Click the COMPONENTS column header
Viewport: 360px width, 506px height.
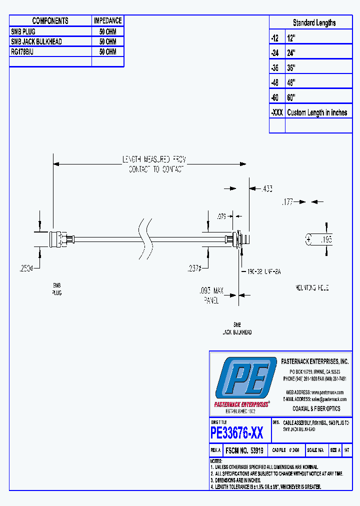click(50, 20)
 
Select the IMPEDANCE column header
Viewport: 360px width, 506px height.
click(107, 20)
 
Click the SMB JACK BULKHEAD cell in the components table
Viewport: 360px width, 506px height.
click(36, 41)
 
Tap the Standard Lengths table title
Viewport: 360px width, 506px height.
click(314, 22)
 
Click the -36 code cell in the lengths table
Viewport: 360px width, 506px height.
click(276, 67)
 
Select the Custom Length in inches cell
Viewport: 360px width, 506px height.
click(317, 112)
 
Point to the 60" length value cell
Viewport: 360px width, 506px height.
click(291, 97)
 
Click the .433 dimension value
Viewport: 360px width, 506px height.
click(267, 188)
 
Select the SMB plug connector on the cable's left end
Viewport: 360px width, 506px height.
click(61, 239)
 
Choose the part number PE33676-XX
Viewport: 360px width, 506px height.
click(236, 432)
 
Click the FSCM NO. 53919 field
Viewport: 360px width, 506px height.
click(244, 450)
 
